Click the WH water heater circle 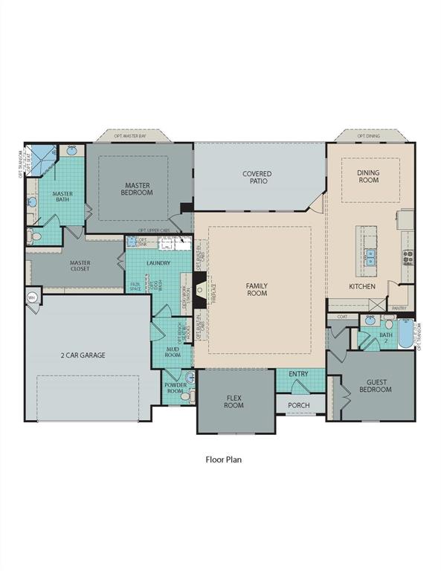[31, 297]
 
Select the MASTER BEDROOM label [138, 189]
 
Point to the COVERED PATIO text [257, 177]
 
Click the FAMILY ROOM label [257, 289]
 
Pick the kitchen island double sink [370, 257]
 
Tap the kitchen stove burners [408, 257]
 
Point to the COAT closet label [342, 317]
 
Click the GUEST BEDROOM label [376, 385]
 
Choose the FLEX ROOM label [234, 401]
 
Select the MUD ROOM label [174, 352]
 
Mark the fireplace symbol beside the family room [199, 283]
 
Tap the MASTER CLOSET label [80, 265]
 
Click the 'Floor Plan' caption [223, 459]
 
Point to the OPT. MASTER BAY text [130, 137]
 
